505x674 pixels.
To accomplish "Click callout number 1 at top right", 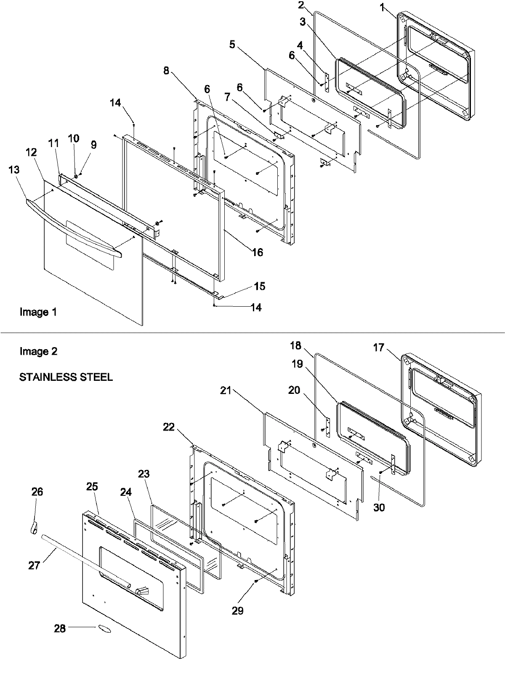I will pyautogui.click(x=382, y=8).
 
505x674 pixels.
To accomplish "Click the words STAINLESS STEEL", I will pyautogui.click(x=66, y=377).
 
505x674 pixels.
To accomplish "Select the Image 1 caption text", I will pyautogui.click(x=38, y=312).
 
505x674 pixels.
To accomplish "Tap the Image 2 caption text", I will pyautogui.click(x=38, y=351).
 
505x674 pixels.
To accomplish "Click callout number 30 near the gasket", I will pyautogui.click(x=379, y=508).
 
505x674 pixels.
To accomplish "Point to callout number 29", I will pyautogui.click(x=238, y=611).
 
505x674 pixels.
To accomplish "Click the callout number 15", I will pyautogui.click(x=260, y=286).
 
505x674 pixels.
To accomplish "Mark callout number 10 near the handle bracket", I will pyautogui.click(x=73, y=139).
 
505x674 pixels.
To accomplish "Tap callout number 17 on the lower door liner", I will pyautogui.click(x=379, y=348).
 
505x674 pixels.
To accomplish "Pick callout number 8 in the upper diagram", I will pyautogui.click(x=166, y=70).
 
